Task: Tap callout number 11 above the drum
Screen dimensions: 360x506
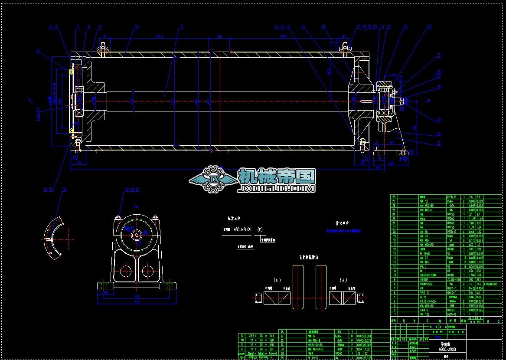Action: point(182,27)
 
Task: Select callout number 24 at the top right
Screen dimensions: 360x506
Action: point(429,27)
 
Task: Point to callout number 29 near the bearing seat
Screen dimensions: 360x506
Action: point(438,120)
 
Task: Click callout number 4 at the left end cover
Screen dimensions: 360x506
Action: point(38,51)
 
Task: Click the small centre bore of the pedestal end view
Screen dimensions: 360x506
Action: point(137,236)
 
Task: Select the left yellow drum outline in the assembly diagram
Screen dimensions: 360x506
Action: point(298,288)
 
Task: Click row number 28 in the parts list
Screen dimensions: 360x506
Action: point(394,196)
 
